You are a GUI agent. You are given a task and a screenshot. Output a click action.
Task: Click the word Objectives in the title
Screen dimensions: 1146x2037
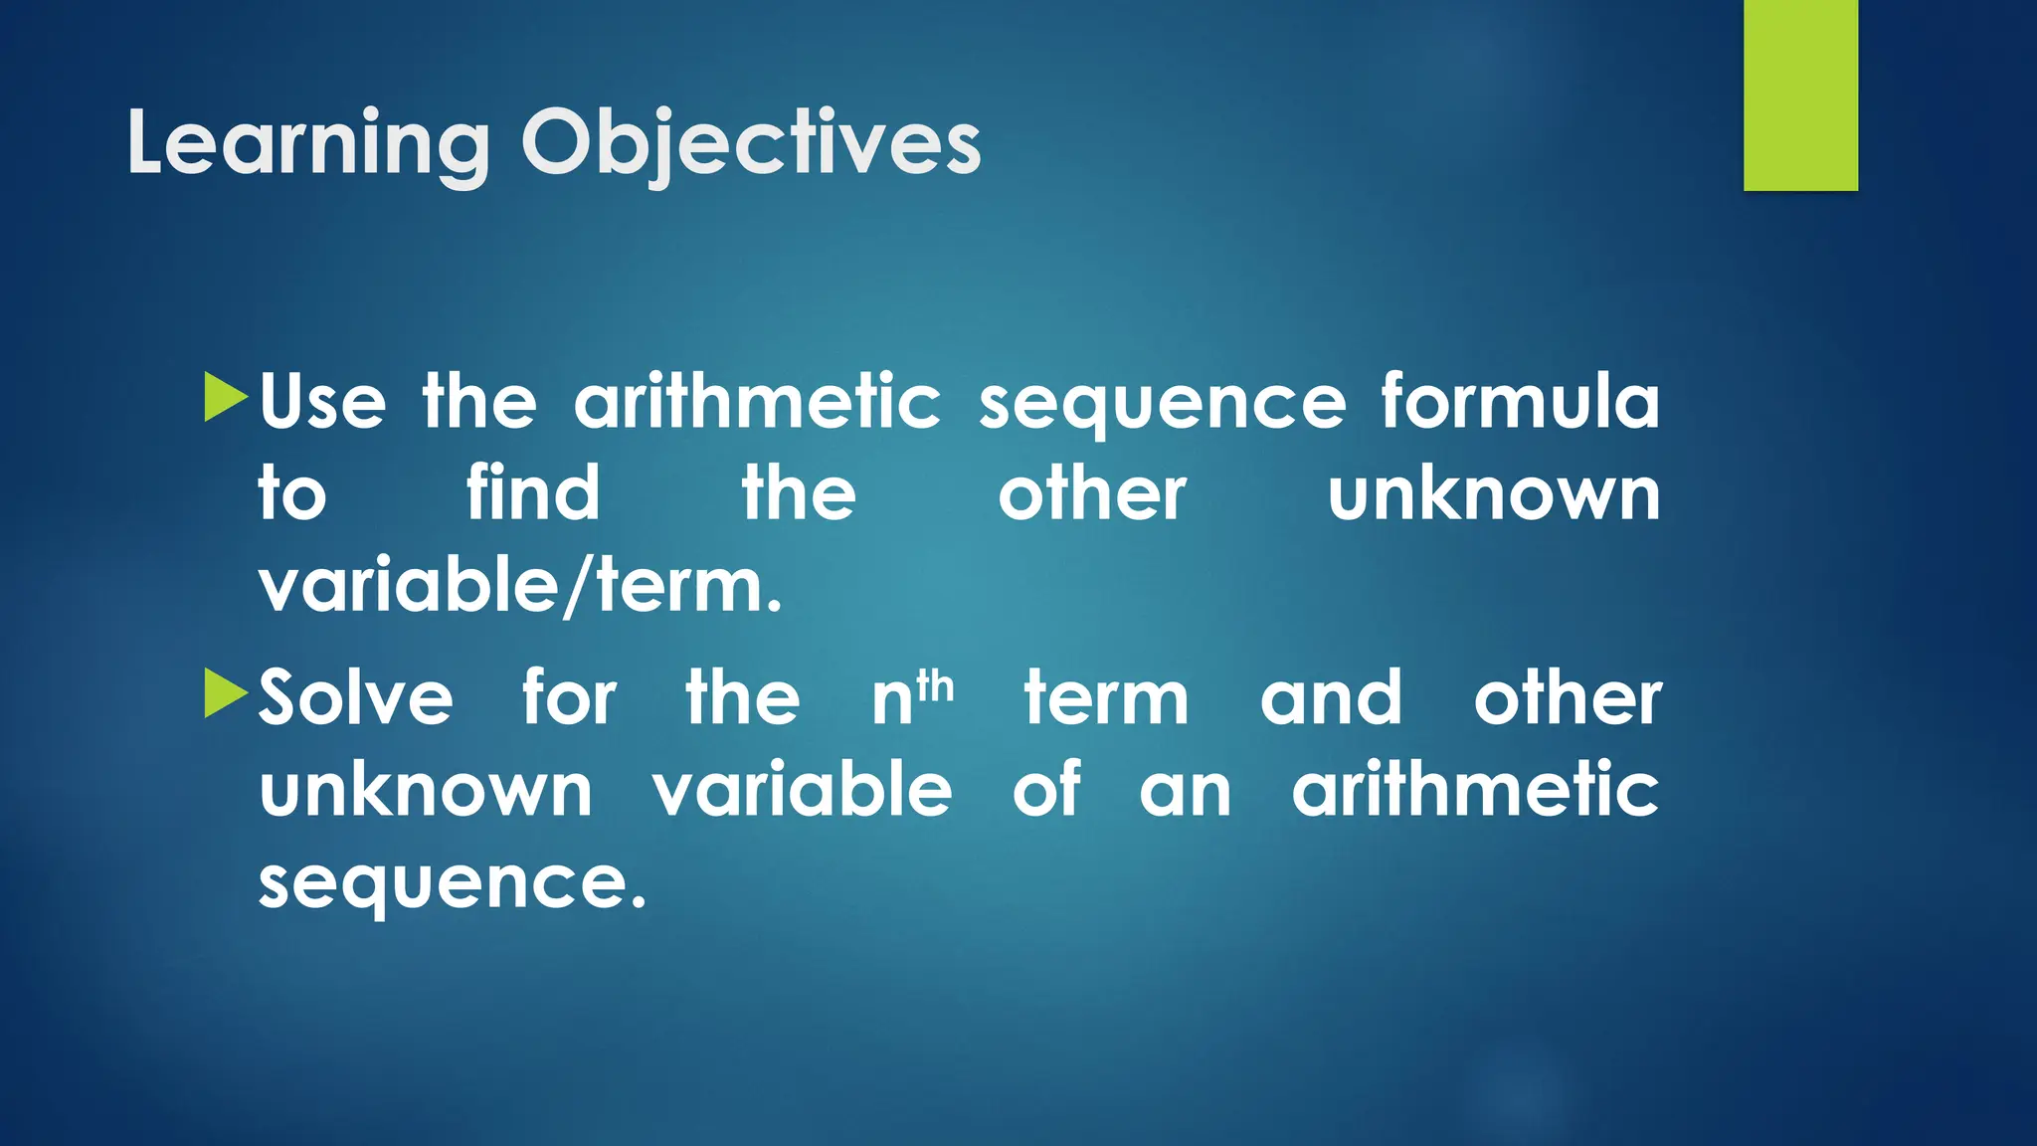point(751,144)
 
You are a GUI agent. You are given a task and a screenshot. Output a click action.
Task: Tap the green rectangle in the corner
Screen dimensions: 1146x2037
point(1800,95)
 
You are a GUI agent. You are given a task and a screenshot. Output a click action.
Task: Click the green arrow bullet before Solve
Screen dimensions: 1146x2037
point(225,692)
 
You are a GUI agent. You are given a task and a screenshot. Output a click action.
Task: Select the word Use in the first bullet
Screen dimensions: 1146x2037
point(322,402)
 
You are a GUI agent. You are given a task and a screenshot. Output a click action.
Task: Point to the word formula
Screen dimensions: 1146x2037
point(1519,402)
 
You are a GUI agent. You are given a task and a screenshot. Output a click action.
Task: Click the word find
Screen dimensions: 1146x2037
point(533,493)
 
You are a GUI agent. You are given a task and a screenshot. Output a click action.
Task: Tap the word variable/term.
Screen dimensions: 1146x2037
point(520,587)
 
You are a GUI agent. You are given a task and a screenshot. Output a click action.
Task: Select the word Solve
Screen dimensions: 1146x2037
point(356,697)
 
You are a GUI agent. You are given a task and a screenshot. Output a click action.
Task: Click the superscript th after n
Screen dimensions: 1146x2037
point(935,685)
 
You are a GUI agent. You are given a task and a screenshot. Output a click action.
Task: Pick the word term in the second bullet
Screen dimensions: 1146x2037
point(1106,697)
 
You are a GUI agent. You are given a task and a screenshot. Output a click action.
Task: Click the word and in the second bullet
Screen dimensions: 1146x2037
point(1331,697)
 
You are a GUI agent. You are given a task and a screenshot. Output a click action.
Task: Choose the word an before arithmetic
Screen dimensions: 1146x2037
point(1185,791)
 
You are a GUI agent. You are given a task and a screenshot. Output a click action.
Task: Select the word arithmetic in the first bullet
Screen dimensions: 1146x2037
point(757,402)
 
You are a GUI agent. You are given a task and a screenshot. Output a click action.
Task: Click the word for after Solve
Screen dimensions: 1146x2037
point(570,697)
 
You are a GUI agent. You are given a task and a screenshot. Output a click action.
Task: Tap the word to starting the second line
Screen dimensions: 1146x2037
point(291,494)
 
